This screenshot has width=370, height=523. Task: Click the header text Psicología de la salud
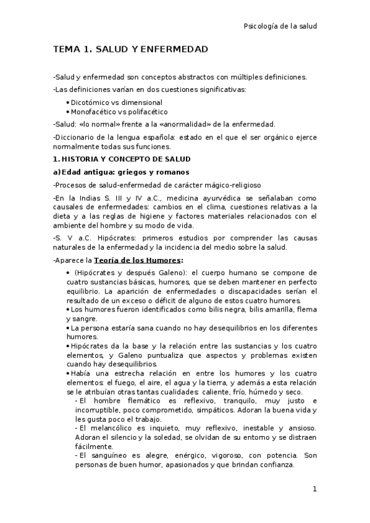tap(280, 27)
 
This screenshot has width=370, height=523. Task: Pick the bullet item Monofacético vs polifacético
tap(119, 112)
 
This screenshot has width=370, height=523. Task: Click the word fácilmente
tap(93, 446)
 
